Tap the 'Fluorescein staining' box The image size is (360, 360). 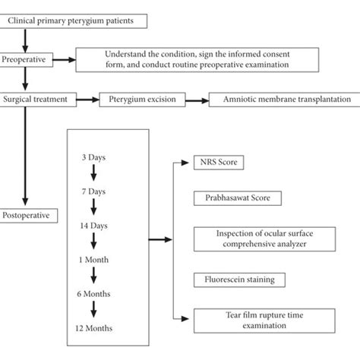(x=234, y=280)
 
